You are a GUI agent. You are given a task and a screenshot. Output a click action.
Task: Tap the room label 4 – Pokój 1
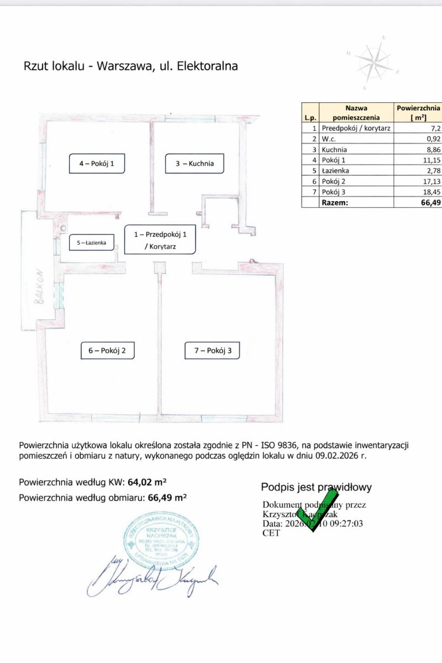97,164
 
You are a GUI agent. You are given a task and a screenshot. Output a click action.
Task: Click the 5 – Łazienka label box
92,242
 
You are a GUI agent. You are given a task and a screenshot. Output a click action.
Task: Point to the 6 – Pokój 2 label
107,350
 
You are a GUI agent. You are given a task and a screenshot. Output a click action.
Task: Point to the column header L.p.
309,117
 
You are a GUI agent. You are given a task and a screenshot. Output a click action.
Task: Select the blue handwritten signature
152,578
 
